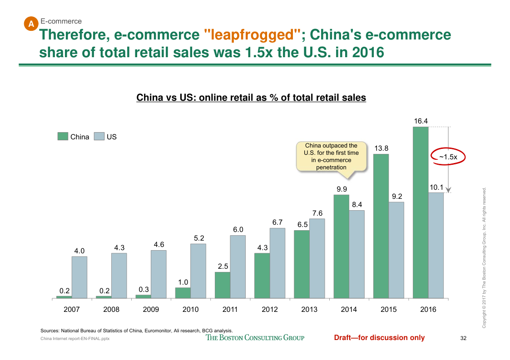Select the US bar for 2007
pyautogui.click(x=79, y=277)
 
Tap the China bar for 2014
pyautogui.click(x=341, y=247)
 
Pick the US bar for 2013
pyautogui.click(x=317, y=259)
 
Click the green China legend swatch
pyautogui.click(x=63, y=136)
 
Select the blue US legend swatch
pyautogui.click(x=99, y=136)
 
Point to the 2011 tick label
pyautogui.click(x=230, y=310)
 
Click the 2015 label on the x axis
pyautogui.click(x=388, y=310)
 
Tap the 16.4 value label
pyautogui.click(x=421, y=121)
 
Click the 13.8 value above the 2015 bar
pyautogui.click(x=381, y=148)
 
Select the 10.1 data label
pyautogui.click(x=436, y=187)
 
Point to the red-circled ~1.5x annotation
pyautogui.click(x=448, y=157)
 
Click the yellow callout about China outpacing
pyautogui.click(x=331, y=157)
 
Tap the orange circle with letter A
pyautogui.click(x=31, y=24)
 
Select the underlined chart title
pyautogui.click(x=251, y=98)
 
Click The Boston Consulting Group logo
pyautogui.click(x=255, y=337)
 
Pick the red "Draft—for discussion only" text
pyautogui.click(x=379, y=337)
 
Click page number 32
pyautogui.click(x=463, y=338)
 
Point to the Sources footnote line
pyautogui.click(x=137, y=330)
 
